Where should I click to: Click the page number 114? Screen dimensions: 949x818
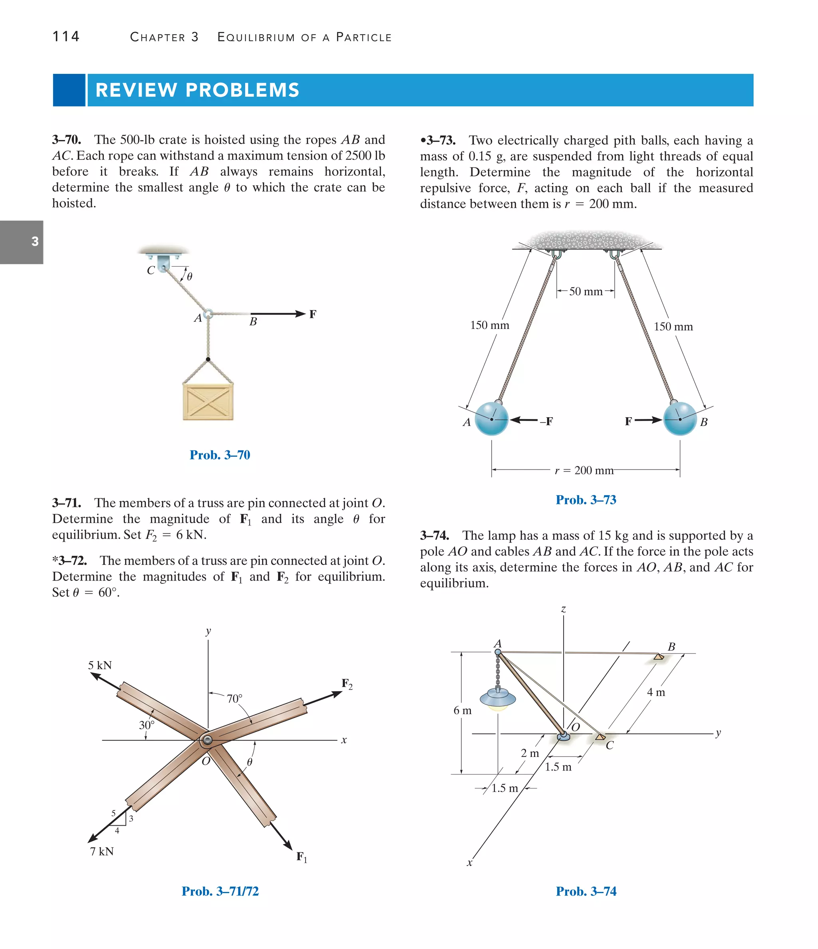pos(66,36)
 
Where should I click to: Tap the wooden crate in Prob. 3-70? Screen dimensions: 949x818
pos(208,402)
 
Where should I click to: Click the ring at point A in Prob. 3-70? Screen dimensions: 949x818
pos(208,314)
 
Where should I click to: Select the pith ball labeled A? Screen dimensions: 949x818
pos(491,419)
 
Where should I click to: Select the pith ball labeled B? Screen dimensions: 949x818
pos(680,419)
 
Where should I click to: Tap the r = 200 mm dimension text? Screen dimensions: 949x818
pos(584,470)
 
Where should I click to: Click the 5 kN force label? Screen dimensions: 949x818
pos(100,665)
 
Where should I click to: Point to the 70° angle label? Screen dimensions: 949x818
pos(234,698)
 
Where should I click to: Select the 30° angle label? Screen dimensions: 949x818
pos(147,725)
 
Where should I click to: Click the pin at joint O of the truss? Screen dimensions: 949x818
pos(207,741)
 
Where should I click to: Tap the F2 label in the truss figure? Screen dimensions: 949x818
pos(347,684)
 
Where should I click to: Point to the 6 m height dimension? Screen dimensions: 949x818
pos(462,710)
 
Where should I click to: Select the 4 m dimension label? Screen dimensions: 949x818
pos(656,692)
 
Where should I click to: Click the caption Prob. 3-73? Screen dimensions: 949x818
pos(586,500)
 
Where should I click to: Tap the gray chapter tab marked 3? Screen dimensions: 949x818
pos(22,242)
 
